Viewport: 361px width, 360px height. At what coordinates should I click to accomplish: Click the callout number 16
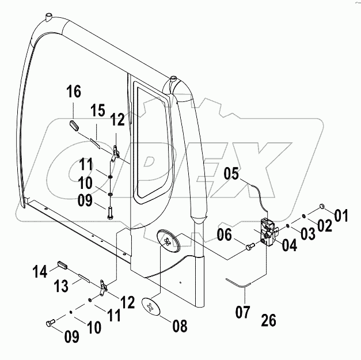pos(73,92)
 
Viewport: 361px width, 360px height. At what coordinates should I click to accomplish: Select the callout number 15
pos(97,110)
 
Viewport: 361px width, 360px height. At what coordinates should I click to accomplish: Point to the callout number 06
pos(225,235)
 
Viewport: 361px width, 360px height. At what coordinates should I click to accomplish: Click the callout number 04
pos(289,246)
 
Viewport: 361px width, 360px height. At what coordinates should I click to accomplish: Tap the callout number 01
pos(342,217)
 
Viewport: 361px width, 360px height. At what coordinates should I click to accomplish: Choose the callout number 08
pos(180,327)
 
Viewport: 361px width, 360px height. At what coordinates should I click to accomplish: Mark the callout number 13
pos(62,286)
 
